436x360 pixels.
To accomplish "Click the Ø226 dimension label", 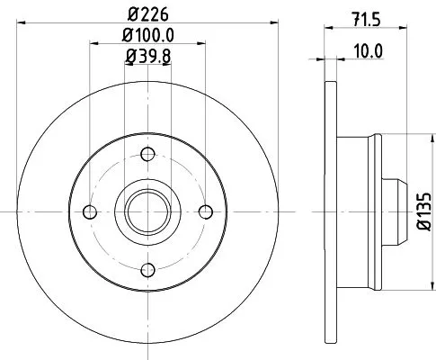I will (x=147, y=13).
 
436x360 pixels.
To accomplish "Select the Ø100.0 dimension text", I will (x=147, y=37).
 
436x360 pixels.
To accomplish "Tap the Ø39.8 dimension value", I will (x=147, y=58).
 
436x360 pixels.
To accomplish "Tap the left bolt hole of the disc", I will (x=88, y=211).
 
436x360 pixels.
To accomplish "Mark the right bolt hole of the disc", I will (x=205, y=211).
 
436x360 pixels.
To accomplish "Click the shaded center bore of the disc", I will (x=147, y=211).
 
